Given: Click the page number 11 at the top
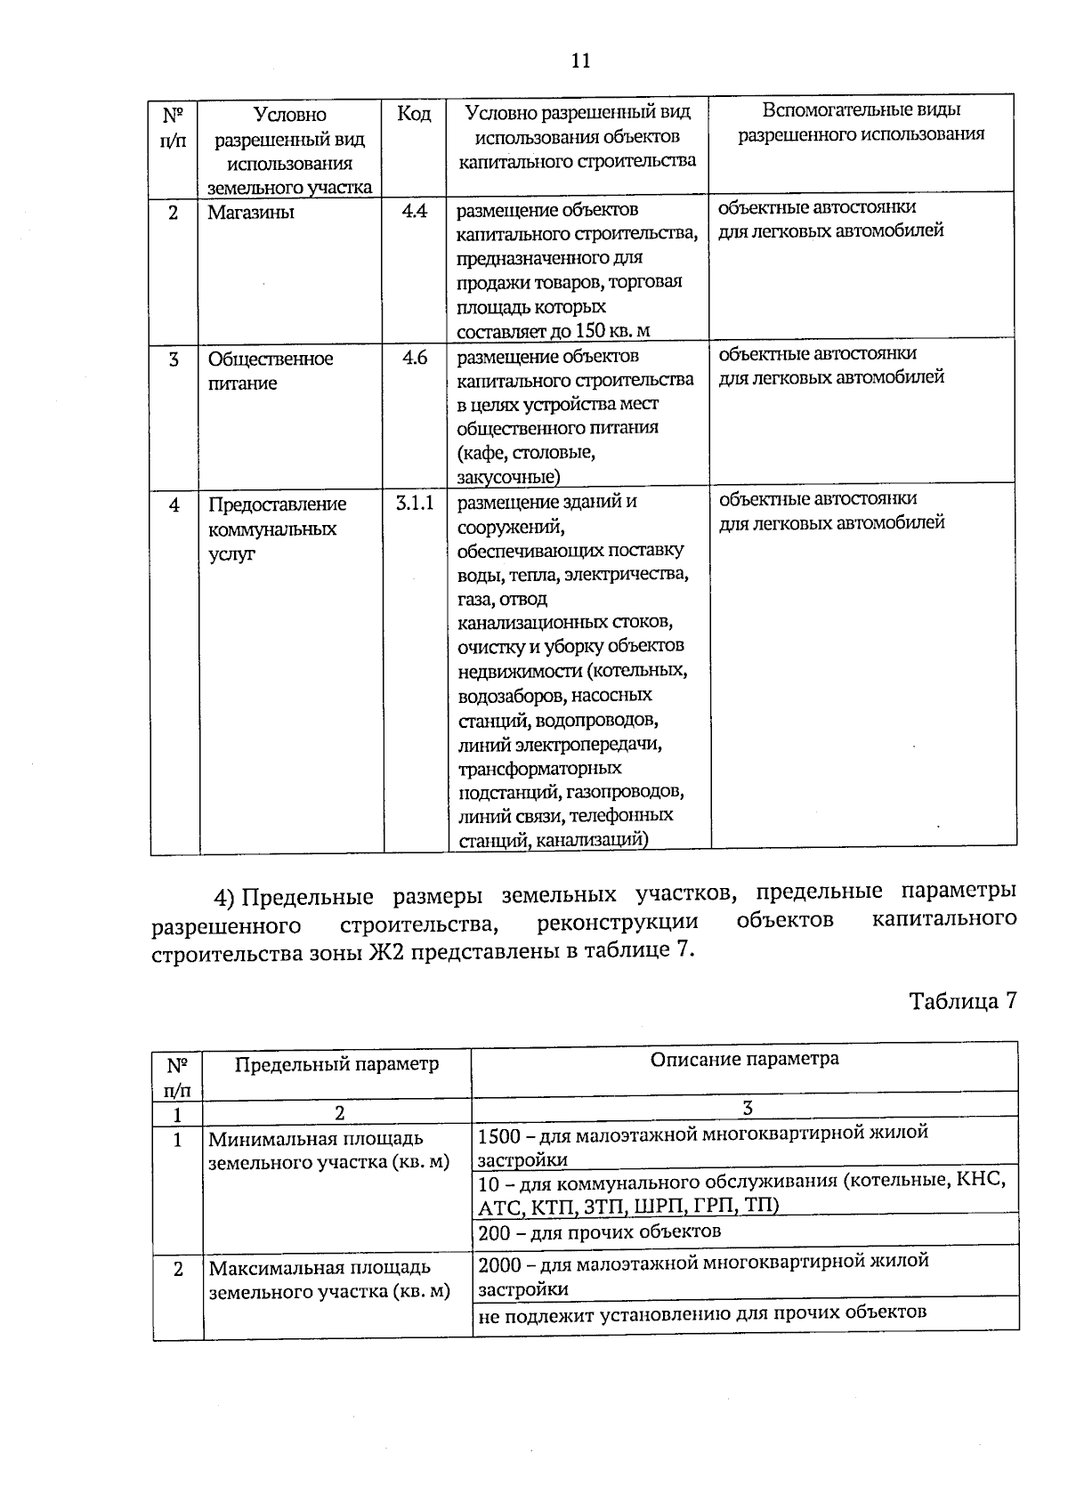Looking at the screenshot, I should coord(580,61).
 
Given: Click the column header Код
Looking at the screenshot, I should coord(413,114).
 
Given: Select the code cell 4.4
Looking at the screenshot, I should coord(415,212).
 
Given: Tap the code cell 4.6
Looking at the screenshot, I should coord(415,358).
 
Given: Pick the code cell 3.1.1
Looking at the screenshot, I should coord(415,503).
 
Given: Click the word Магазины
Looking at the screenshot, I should coord(251,213).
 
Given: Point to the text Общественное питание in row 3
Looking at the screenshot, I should coord(270,370).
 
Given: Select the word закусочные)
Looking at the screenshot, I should coord(508,476).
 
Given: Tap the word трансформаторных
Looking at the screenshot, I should coord(539,767).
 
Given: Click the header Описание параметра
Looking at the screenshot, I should coord(744,1059).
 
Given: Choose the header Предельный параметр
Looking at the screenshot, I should coord(336,1064).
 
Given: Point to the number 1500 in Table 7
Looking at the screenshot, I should coord(497,1134).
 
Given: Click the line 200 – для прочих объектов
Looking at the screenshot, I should coord(599,1232).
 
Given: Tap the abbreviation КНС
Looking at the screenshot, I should coord(982,1181).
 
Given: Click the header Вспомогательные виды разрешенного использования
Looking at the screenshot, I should coord(861,122).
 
